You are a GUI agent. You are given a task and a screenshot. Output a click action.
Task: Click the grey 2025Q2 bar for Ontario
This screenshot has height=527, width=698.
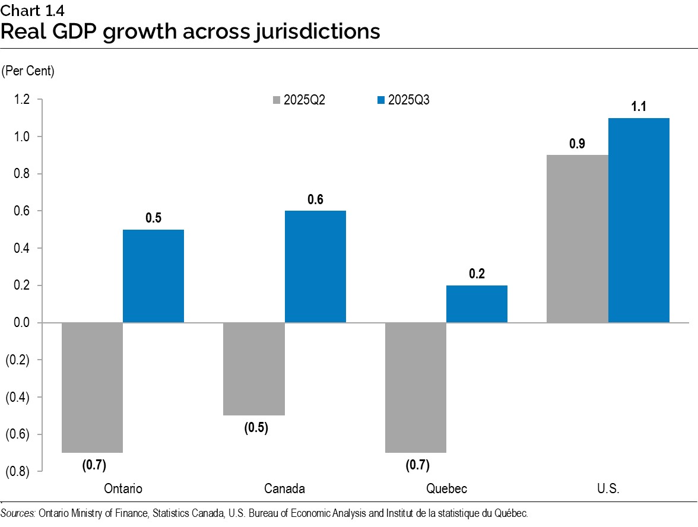(x=92, y=387)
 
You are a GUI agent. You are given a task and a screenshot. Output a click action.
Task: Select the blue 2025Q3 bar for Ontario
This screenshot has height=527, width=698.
(x=153, y=276)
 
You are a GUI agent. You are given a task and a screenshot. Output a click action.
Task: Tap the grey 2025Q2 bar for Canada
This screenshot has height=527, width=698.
(x=254, y=369)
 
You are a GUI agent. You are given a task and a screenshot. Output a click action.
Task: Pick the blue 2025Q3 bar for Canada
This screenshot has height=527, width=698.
(x=315, y=266)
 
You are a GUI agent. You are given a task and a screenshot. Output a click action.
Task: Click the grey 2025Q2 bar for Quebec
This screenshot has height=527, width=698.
(x=415, y=387)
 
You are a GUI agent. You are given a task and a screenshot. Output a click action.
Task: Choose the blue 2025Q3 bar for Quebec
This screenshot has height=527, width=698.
(x=477, y=304)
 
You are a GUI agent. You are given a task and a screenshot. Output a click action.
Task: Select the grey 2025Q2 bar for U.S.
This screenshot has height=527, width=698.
(x=577, y=239)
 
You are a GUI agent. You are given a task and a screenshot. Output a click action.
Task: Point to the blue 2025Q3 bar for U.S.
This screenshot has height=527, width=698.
(x=639, y=220)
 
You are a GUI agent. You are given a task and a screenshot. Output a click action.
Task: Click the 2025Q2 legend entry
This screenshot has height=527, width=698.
(x=298, y=100)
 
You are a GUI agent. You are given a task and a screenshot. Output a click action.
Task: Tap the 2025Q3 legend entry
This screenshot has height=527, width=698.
(x=403, y=100)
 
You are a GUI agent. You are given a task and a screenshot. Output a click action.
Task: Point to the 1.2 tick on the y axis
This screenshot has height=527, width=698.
(x=22, y=100)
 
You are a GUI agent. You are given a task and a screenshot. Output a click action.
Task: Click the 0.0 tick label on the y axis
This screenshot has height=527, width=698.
(x=22, y=323)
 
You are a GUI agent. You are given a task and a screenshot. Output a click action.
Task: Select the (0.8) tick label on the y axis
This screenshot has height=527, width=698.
(x=18, y=472)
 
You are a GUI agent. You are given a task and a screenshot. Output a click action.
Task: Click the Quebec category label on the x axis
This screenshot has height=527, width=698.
(x=446, y=489)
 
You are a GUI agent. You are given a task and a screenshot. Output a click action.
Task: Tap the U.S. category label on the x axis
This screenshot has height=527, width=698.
(x=608, y=489)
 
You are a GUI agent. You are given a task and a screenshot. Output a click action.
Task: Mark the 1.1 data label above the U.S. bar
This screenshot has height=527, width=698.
(x=639, y=107)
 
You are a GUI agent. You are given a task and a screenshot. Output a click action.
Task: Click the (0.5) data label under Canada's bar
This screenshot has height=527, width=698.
(x=256, y=428)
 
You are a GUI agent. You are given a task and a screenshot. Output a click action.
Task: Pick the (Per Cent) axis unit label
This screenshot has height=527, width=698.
(x=28, y=72)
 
